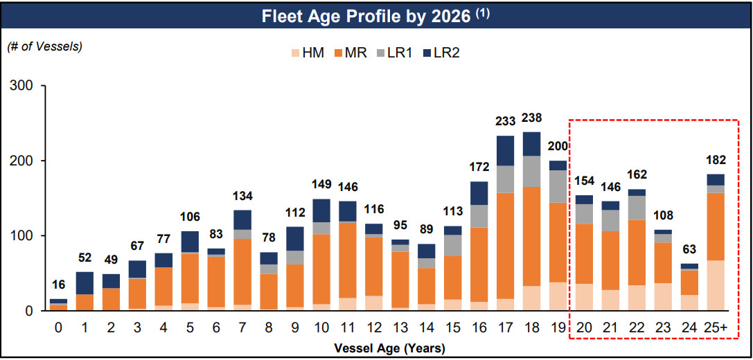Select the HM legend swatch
[x=294, y=53]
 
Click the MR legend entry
[x=351, y=53]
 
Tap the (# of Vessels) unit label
[x=45, y=47]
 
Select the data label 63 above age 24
[x=689, y=251]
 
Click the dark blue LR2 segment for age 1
[x=85, y=282]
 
